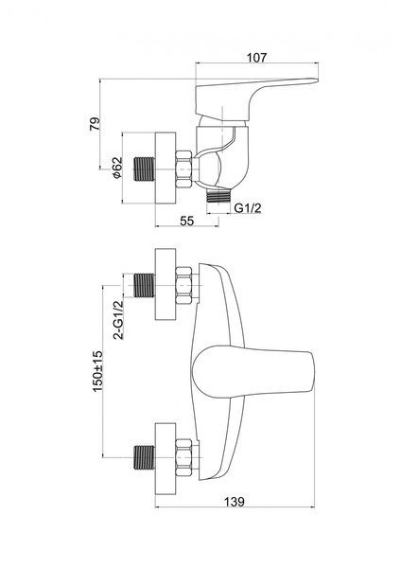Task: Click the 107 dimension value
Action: [256, 57]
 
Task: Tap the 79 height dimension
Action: [95, 124]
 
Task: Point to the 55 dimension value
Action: [186, 221]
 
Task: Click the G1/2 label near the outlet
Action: [248, 208]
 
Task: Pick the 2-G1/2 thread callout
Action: [118, 320]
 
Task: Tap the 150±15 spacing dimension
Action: [98, 371]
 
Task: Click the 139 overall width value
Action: [235, 502]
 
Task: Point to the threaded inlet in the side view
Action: [145, 169]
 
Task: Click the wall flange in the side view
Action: [166, 169]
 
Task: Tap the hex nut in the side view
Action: [183, 169]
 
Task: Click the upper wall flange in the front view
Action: [166, 284]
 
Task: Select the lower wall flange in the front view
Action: [166, 458]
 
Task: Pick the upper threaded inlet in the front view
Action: [145, 286]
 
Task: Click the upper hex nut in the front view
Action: [183, 286]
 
